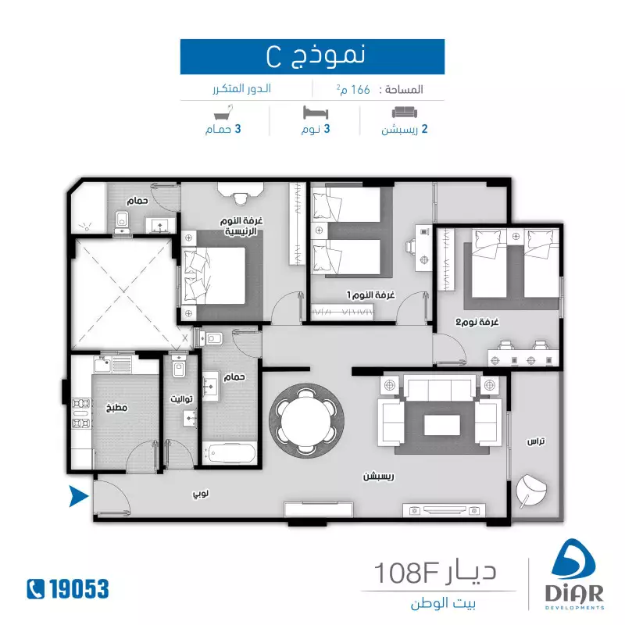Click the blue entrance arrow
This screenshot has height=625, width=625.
click(x=78, y=496)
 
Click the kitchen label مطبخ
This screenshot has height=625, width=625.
click(x=116, y=407)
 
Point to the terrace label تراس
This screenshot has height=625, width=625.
click(x=536, y=441)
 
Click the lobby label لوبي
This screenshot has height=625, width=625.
click(x=201, y=495)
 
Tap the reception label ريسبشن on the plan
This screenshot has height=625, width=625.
click(x=378, y=477)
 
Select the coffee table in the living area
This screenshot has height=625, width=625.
click(x=441, y=425)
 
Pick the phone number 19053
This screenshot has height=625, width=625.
click(x=79, y=589)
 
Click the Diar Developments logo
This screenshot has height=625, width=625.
click(x=574, y=574)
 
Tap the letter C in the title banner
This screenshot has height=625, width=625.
click(x=274, y=57)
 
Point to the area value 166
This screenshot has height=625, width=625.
click(x=360, y=90)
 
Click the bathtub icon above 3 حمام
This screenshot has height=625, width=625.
click(x=223, y=112)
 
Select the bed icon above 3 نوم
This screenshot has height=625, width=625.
click(x=316, y=112)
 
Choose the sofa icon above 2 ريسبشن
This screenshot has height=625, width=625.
click(x=404, y=112)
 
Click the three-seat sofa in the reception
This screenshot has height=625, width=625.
click(x=440, y=387)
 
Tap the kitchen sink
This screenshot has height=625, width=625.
click(x=102, y=364)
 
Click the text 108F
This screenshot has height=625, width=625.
click(x=407, y=573)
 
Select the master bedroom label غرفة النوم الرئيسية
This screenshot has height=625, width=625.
click(x=241, y=226)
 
